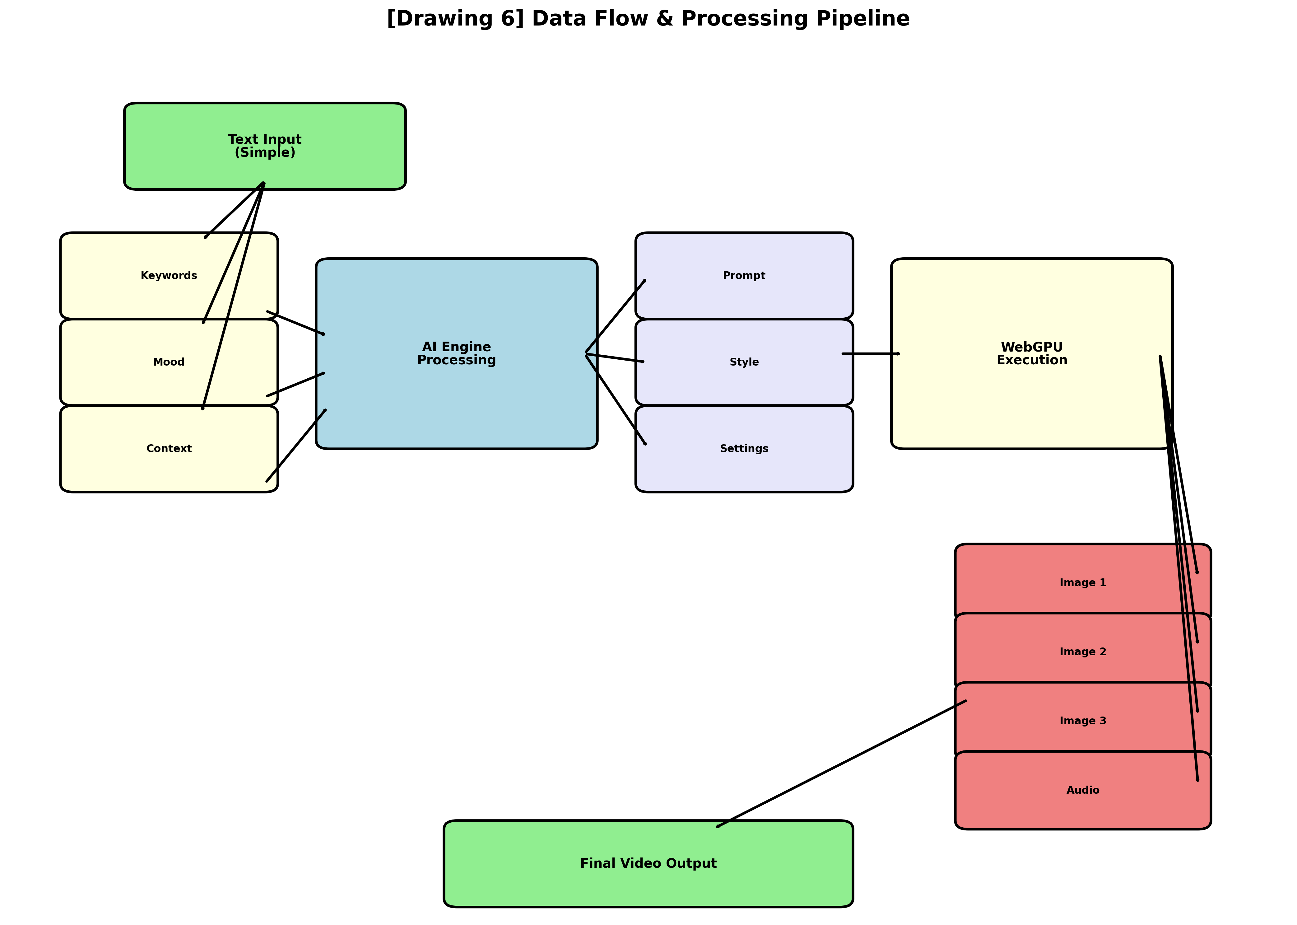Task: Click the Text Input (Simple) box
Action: [x=265, y=146]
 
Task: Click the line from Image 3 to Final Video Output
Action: [x=842, y=763]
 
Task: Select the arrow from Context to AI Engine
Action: [x=296, y=446]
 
